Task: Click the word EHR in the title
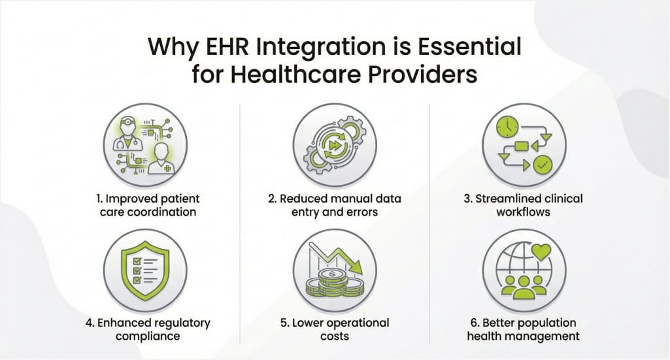tap(227, 46)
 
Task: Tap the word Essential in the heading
tap(469, 46)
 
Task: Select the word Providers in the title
tap(423, 74)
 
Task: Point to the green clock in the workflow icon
tap(507, 127)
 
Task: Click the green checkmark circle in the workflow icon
tap(543, 165)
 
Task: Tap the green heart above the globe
tap(541, 252)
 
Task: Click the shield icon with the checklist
tap(145, 270)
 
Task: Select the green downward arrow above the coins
tap(336, 257)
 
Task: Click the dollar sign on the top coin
tap(332, 274)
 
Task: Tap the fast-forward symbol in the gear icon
tap(334, 146)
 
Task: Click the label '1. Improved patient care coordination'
tap(148, 205)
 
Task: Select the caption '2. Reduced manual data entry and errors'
tap(335, 205)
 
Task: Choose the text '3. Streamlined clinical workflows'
tap(524, 205)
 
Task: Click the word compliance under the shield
tap(148, 336)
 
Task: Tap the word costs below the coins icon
tap(335, 336)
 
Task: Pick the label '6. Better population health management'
tap(524, 329)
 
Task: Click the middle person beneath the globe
tap(524, 287)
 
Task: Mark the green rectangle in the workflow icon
tap(522, 146)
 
